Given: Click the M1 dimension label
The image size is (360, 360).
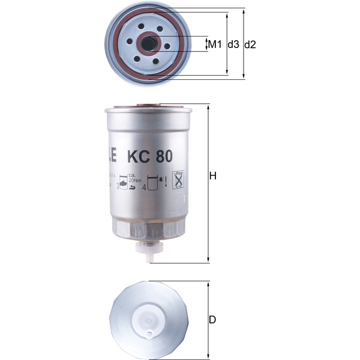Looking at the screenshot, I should pyautogui.click(x=215, y=44).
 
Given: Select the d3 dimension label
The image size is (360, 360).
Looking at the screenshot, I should pyautogui.click(x=233, y=44).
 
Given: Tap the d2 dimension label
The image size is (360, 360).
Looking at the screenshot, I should pyautogui.click(x=251, y=44).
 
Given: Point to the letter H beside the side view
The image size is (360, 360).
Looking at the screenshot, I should pyautogui.click(x=212, y=176).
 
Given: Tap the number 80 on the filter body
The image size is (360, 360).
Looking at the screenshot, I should pyautogui.click(x=163, y=157).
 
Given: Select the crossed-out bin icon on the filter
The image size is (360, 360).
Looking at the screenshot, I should pyautogui.click(x=178, y=179).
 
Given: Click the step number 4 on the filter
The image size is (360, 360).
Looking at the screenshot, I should pyautogui.click(x=144, y=188).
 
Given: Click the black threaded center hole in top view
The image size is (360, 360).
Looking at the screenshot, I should pyautogui.click(x=148, y=43).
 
